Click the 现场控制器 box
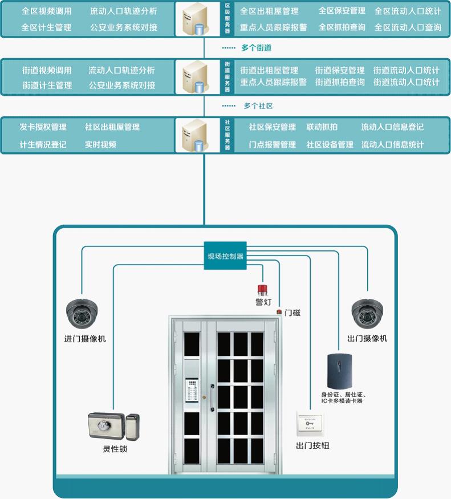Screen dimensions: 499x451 [225, 256]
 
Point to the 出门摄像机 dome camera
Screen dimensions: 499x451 [368, 313]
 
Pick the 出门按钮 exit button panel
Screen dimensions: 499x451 [310, 425]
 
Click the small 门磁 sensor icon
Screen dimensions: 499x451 [279, 312]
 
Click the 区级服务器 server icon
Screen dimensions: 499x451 [194, 20]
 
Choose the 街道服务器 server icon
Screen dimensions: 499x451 [194, 76]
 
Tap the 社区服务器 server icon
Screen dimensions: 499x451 [194, 136]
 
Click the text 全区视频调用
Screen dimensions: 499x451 [46, 11]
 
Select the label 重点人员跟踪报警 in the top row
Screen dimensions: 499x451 [274, 27]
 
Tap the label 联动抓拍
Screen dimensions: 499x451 [322, 127]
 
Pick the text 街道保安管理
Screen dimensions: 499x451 [340, 70]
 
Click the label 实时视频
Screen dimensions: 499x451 [100, 145]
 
